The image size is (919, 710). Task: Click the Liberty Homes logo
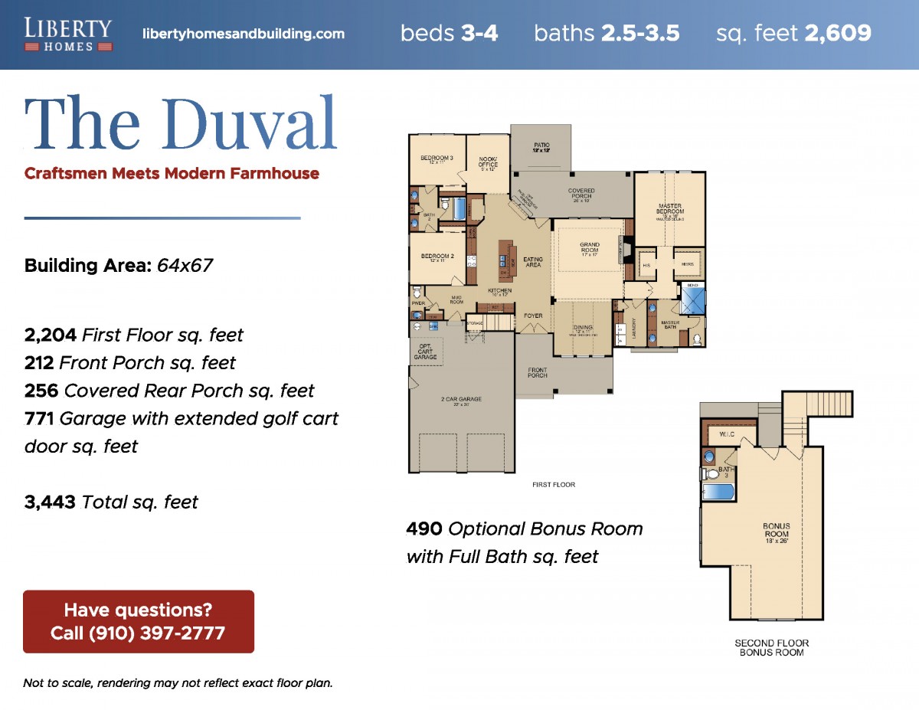pos(68,34)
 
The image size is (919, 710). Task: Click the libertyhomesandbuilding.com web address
pos(244,34)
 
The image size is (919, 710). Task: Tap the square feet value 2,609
pos(837,34)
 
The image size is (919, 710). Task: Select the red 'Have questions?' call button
pos(139,621)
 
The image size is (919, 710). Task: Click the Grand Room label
pos(590,248)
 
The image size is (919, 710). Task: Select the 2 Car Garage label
pos(460,401)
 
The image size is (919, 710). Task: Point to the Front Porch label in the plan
pos(538,373)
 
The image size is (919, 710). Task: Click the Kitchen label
pos(500,291)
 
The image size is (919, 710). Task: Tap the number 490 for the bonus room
pos(424,529)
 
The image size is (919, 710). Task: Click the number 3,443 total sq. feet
pos(50,502)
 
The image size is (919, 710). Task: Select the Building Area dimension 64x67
pos(185,266)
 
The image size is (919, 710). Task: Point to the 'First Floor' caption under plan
pos(553,485)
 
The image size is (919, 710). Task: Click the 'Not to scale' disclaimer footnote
pos(178,683)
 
